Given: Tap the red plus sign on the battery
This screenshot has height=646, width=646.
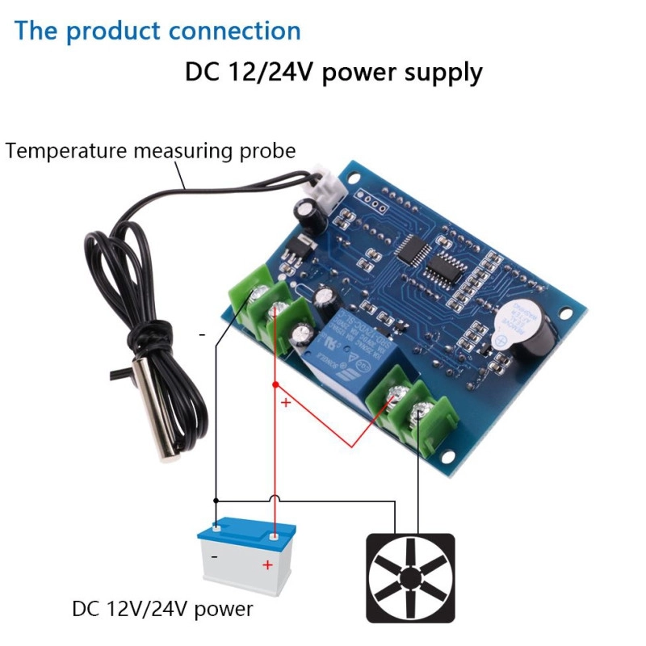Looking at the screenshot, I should tap(267, 565).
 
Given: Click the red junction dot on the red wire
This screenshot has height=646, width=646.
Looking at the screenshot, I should tap(275, 384).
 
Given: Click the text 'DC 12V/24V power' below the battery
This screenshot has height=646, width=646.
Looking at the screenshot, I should tap(162, 608).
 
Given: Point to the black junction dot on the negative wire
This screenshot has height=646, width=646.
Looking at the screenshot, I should tap(215, 500).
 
